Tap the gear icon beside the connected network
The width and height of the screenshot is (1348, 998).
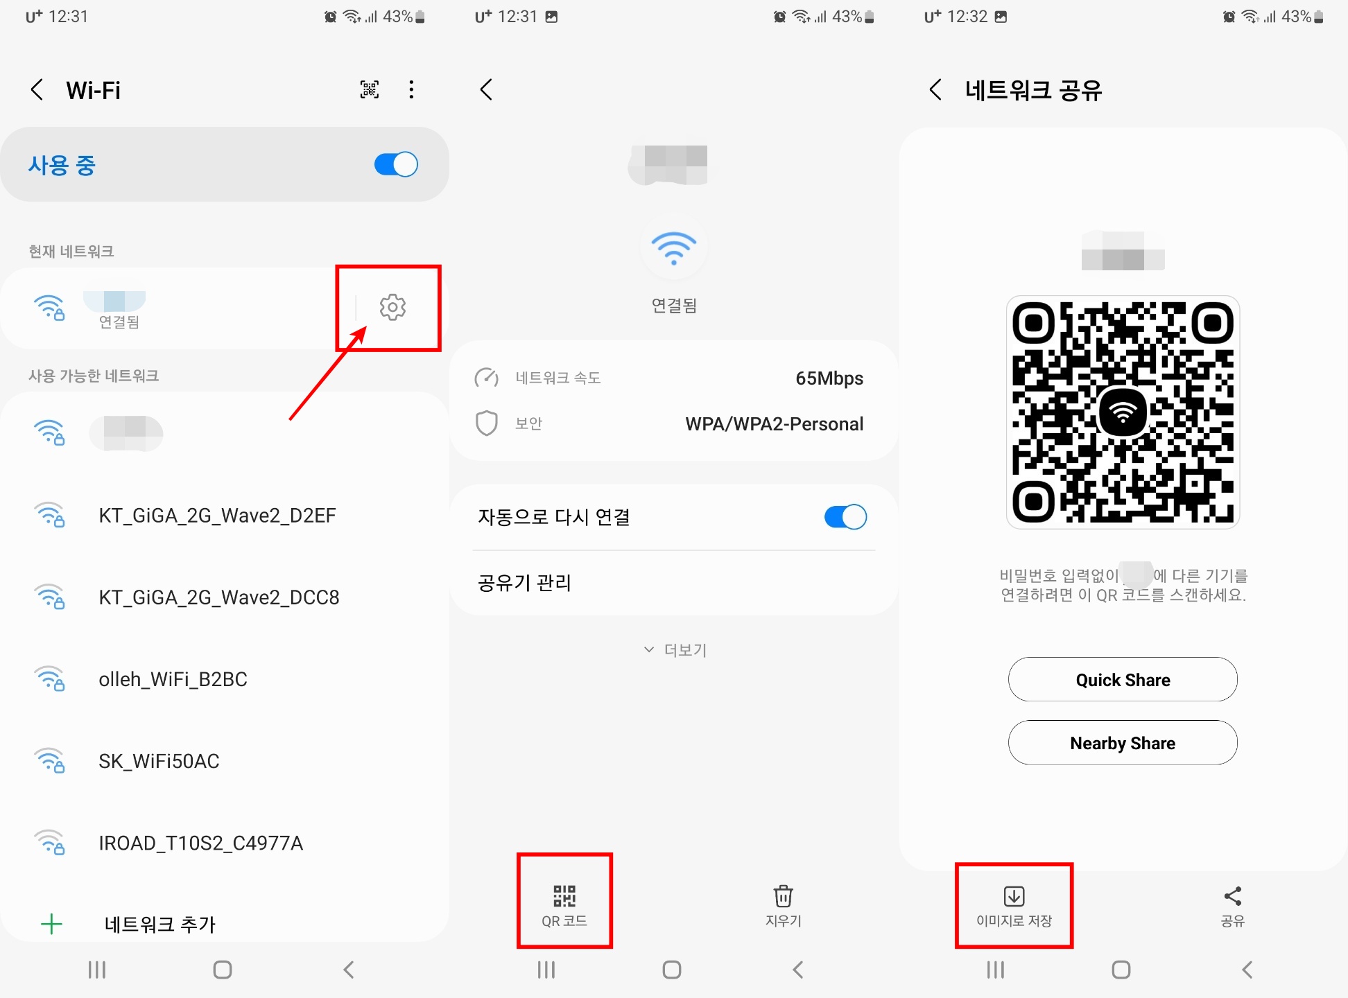tap(392, 307)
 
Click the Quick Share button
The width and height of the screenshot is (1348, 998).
tap(1122, 680)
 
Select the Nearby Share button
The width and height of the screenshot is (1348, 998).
tap(1122, 743)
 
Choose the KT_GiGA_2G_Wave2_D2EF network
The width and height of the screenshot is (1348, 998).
tap(217, 516)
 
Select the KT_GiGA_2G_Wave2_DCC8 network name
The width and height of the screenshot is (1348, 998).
tap(219, 597)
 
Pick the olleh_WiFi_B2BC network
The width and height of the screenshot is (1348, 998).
tap(173, 679)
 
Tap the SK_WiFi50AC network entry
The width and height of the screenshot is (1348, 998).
tap(159, 761)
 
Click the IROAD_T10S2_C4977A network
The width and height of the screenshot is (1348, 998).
tap(200, 843)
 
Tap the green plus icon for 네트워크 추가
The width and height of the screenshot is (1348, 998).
tap(51, 924)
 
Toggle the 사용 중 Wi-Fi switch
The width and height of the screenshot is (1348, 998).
tap(396, 165)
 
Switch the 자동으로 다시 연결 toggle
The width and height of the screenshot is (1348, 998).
tap(845, 517)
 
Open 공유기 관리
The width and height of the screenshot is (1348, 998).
tap(524, 583)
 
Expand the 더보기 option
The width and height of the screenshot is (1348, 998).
tap(675, 650)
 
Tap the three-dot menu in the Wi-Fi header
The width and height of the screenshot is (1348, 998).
tap(411, 89)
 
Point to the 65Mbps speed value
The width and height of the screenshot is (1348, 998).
tap(829, 378)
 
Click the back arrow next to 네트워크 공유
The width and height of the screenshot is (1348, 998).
tap(935, 89)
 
